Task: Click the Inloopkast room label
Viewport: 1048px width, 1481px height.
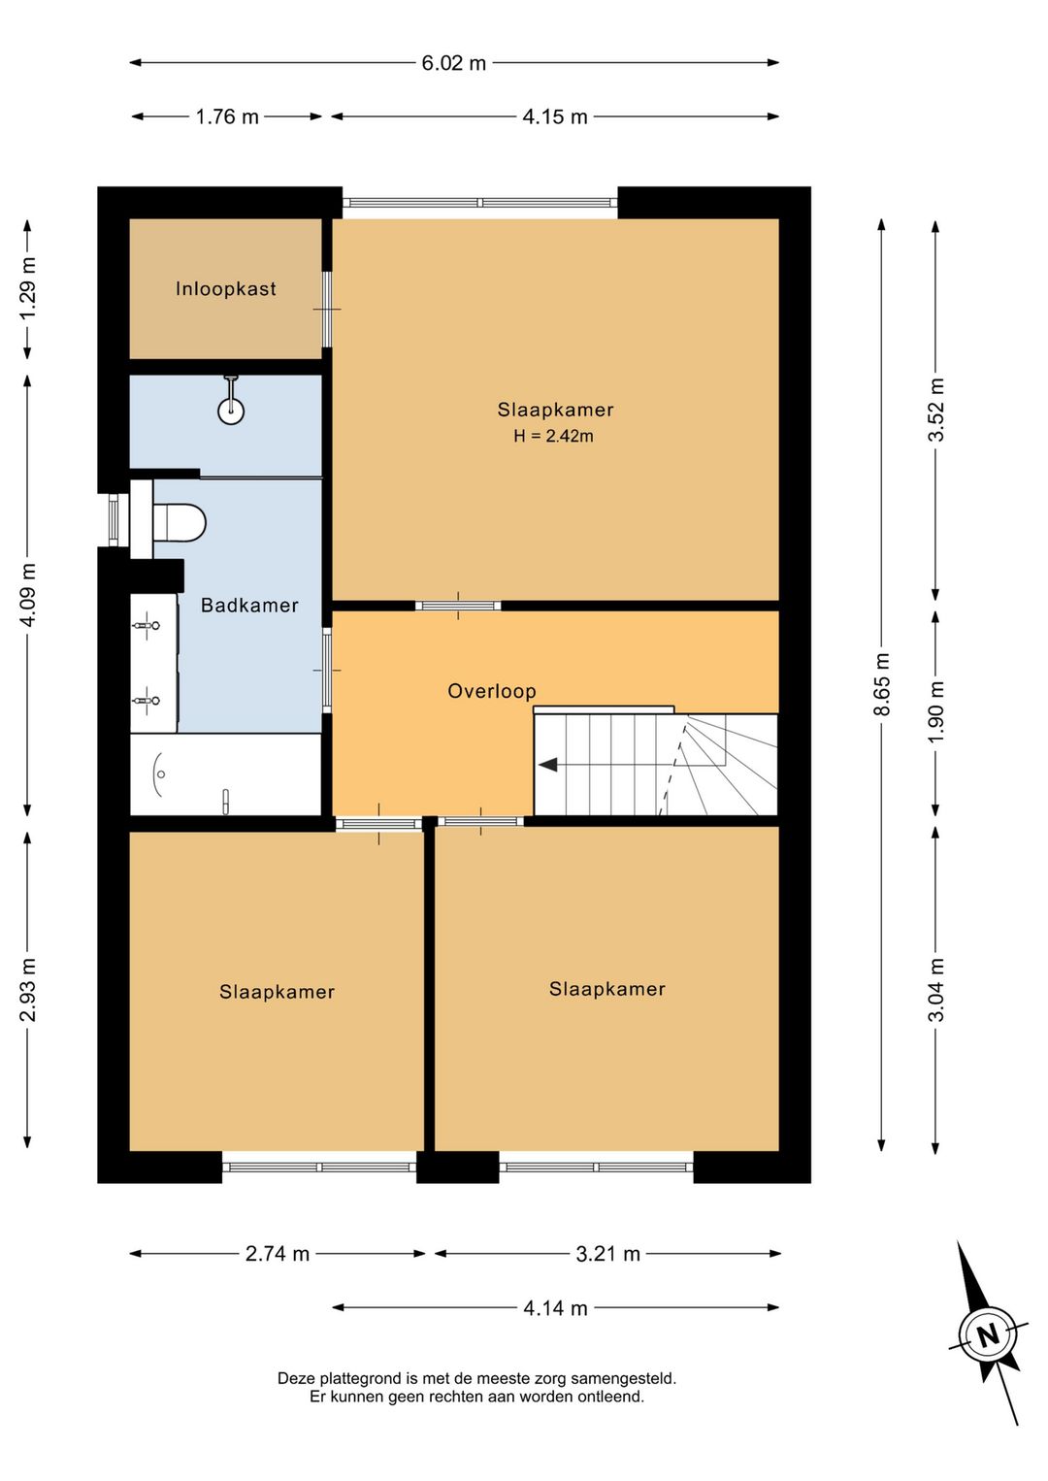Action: point(225,289)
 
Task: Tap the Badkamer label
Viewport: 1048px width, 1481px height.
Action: point(249,605)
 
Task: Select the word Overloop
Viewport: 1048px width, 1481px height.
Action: point(491,691)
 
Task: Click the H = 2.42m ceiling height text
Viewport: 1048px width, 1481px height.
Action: point(553,436)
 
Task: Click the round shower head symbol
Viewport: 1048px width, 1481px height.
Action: point(231,411)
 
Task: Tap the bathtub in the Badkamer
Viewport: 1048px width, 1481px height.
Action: point(225,773)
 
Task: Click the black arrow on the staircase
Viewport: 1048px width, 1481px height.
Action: point(548,765)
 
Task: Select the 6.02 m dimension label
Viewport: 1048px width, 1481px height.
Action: point(453,63)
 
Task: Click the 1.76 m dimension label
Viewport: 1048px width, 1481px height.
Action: point(227,116)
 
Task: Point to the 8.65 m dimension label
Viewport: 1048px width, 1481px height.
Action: point(881,684)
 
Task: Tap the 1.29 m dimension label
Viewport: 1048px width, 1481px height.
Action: point(28,288)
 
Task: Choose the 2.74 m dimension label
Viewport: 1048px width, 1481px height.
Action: point(278,1254)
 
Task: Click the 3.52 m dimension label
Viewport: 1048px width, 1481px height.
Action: point(935,410)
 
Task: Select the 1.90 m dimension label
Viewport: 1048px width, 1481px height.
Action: point(935,712)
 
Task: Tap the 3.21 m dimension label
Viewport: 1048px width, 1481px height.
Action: point(607,1254)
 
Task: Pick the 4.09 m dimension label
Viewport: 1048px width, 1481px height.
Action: point(28,594)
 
